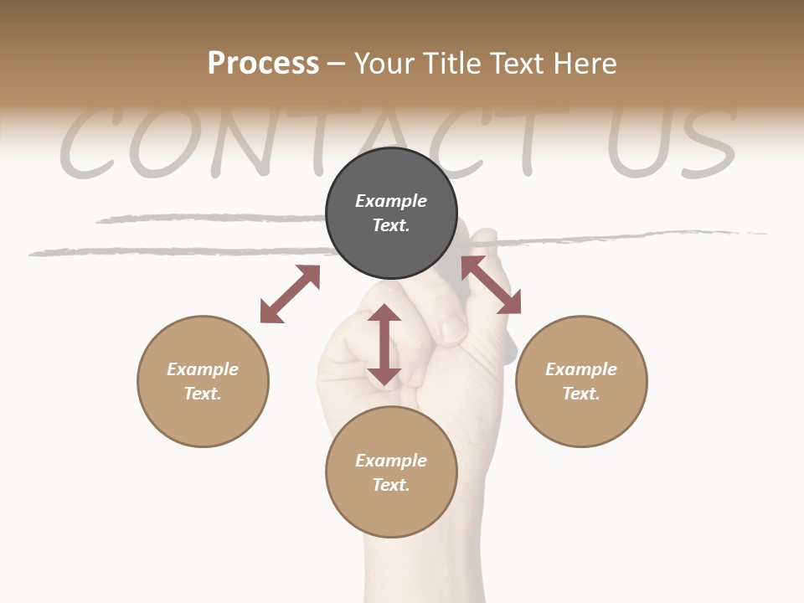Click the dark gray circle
[x=391, y=214]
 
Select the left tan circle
[x=203, y=381]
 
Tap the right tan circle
[x=581, y=381]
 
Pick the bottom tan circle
[x=391, y=472]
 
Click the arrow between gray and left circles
[x=290, y=293]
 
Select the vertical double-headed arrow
[x=384, y=344]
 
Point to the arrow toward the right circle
[x=491, y=285]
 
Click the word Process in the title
[x=263, y=63]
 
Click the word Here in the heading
[x=584, y=63]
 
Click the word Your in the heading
[x=384, y=63]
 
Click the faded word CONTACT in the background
[x=318, y=142]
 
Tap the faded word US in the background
[x=670, y=142]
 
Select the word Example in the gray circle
[x=391, y=201]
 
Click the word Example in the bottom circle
[x=391, y=461]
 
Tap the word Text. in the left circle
[x=203, y=394]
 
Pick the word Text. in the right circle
[x=581, y=394]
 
